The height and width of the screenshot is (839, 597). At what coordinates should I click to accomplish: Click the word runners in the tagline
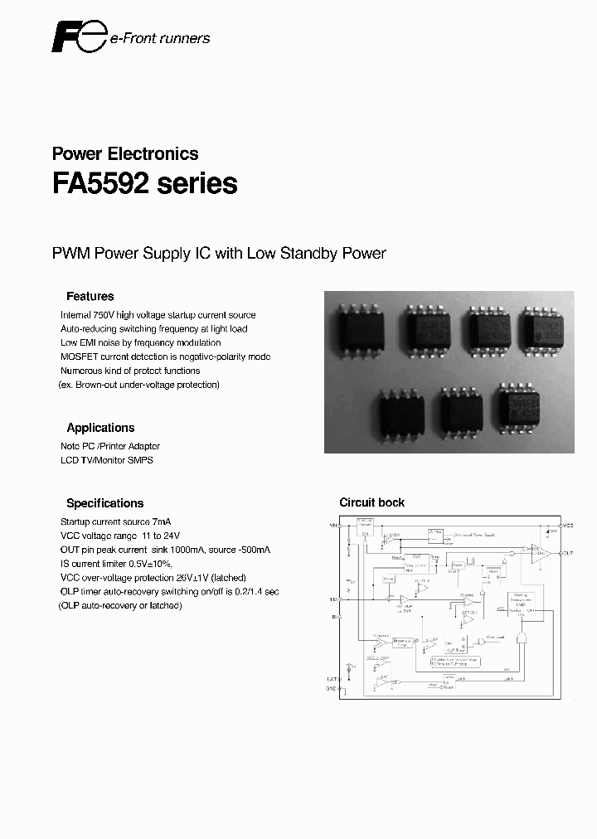tap(185, 38)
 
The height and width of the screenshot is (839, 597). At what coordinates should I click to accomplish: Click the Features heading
tap(90, 296)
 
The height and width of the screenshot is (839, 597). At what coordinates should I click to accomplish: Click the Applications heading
tap(100, 428)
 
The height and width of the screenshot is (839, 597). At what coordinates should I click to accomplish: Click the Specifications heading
tap(104, 503)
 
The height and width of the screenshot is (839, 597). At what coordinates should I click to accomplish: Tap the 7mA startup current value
tap(162, 521)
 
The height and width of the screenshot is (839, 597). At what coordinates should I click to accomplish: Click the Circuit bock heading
tap(372, 502)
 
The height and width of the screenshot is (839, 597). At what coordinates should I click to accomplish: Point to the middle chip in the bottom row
tap(461, 412)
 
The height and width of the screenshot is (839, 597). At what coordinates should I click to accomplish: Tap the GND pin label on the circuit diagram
tap(331, 689)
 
